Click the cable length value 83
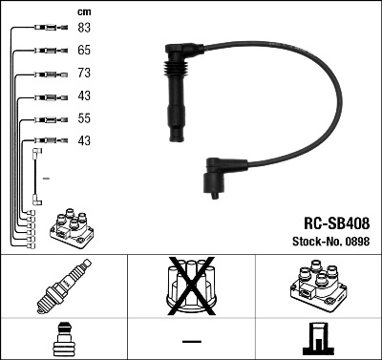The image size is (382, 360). coord(84,28)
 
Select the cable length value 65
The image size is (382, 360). coord(84,50)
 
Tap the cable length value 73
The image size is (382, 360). coord(84,74)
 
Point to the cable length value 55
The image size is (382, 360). coord(84,119)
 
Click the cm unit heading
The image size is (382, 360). coord(83,11)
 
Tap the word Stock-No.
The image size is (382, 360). coord(315,241)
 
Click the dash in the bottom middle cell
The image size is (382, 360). coord(191,341)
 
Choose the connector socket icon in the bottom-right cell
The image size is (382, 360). coord(318,338)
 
